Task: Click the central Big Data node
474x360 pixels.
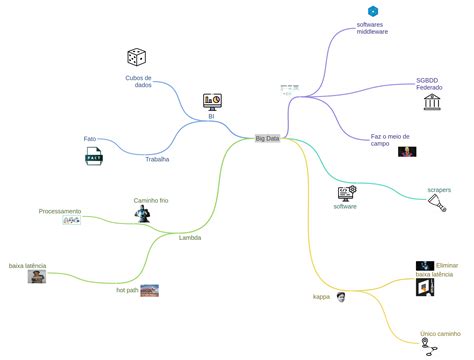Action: click(x=267, y=138)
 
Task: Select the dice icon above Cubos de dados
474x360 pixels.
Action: click(x=137, y=58)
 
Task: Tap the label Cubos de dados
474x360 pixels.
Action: click(x=138, y=81)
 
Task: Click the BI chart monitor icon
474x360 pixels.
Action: click(x=212, y=101)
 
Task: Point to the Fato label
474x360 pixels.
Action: click(x=90, y=139)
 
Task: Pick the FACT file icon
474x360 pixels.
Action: click(x=94, y=157)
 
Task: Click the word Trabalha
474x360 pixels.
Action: click(x=157, y=159)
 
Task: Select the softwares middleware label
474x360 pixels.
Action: click(x=372, y=28)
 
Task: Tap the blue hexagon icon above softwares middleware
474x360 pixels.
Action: click(x=373, y=11)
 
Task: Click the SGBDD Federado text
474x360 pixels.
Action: click(x=429, y=84)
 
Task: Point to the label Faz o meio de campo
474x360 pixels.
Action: click(x=390, y=139)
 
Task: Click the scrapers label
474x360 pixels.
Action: click(x=439, y=189)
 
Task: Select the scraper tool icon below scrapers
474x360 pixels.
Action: click(x=438, y=204)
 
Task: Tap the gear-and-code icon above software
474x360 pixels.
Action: click(x=347, y=192)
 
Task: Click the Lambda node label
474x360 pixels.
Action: click(x=189, y=237)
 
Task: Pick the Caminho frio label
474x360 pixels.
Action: click(x=151, y=200)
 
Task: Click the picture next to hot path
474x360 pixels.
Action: click(x=149, y=290)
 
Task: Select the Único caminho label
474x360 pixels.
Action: click(x=440, y=333)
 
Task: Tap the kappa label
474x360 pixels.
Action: click(x=321, y=296)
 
